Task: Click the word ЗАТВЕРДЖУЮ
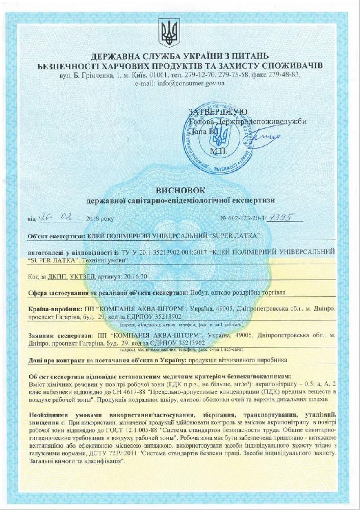218,112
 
